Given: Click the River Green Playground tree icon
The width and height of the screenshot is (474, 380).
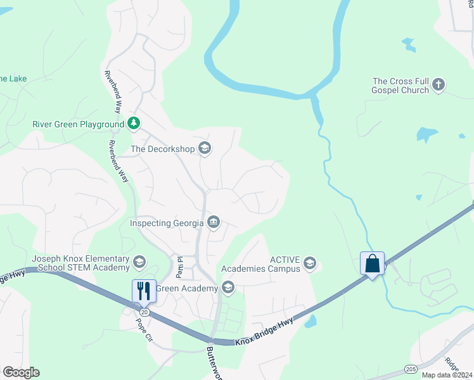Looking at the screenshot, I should (x=134, y=123).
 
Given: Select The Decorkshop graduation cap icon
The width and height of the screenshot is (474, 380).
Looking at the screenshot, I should (x=205, y=149).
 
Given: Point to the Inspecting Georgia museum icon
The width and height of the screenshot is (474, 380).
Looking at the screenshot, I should (x=214, y=222).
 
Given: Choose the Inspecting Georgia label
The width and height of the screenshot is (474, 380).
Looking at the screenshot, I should (x=167, y=223).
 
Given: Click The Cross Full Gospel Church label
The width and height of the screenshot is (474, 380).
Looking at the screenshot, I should (x=400, y=85).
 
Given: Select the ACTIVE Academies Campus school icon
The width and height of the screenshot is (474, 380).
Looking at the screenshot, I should (x=310, y=263).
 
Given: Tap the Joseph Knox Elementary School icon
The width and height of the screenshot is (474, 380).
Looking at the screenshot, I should (x=139, y=261).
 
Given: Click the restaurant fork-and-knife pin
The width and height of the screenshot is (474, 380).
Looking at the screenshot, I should (x=143, y=291).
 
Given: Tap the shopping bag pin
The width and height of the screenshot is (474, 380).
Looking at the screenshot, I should (x=372, y=263).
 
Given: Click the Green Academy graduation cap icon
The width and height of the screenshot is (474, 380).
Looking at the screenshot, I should (x=227, y=289).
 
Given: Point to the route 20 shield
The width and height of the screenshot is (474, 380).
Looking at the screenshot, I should (x=144, y=312).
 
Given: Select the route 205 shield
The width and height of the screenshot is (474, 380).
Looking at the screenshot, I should (x=409, y=369).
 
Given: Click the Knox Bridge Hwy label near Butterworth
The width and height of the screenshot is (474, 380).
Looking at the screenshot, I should (x=265, y=332).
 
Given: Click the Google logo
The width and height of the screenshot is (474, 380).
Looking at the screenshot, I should (x=21, y=372).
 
